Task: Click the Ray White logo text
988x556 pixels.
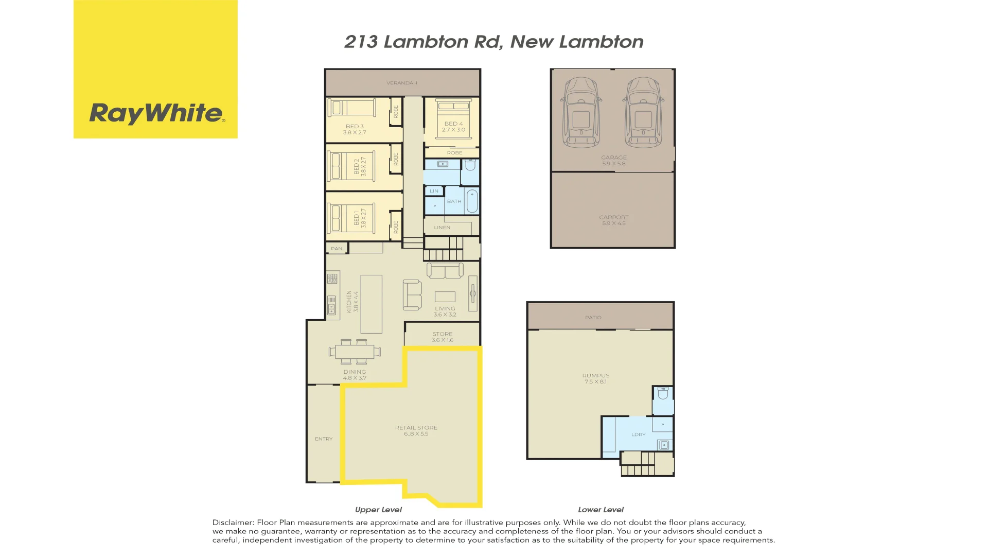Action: pyautogui.click(x=156, y=113)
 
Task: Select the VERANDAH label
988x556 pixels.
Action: pyautogui.click(x=401, y=83)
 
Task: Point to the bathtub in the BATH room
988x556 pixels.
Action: pyautogui.click(x=471, y=201)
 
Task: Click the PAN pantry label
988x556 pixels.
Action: pyautogui.click(x=337, y=249)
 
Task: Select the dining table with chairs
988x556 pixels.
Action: pyautogui.click(x=355, y=352)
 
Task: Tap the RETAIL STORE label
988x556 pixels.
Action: pyautogui.click(x=416, y=430)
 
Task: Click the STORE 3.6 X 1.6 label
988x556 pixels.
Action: pyautogui.click(x=442, y=337)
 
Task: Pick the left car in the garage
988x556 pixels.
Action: pyautogui.click(x=581, y=112)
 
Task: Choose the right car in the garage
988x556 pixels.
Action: pyautogui.click(x=643, y=112)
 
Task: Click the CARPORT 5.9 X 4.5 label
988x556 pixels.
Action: pyautogui.click(x=613, y=220)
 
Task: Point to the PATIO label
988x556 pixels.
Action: pyautogui.click(x=593, y=318)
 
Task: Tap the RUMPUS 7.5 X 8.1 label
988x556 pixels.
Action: pyautogui.click(x=595, y=378)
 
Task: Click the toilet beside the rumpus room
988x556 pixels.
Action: pyautogui.click(x=663, y=394)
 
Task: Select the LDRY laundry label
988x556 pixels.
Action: pyautogui.click(x=638, y=435)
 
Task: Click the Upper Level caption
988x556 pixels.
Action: pyautogui.click(x=378, y=510)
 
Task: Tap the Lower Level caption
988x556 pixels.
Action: pyautogui.click(x=600, y=510)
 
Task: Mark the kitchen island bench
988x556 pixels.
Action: pyautogui.click(x=371, y=304)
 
